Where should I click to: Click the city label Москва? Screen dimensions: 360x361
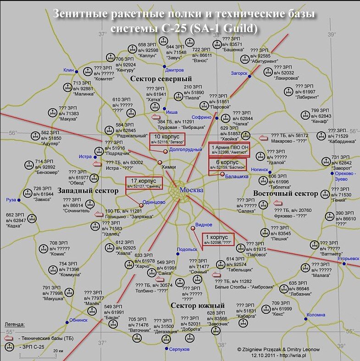click(x=191, y=190)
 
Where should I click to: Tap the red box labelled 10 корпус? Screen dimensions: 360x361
click(x=166, y=140)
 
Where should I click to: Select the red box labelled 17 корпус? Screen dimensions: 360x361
click(x=144, y=183)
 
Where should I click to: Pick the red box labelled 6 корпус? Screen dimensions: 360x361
click(x=227, y=164)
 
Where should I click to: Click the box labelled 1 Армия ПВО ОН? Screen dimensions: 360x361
click(x=228, y=150)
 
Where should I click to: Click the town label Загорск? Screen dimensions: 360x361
click(x=239, y=73)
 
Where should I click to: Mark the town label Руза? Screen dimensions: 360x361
click(x=11, y=200)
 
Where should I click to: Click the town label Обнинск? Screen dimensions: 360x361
click(x=78, y=320)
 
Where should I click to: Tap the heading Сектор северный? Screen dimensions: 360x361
click(x=161, y=79)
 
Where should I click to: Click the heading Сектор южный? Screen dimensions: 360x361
click(x=197, y=305)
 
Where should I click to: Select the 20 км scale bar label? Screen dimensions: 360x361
click(x=58, y=350)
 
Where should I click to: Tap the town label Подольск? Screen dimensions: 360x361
click(x=187, y=249)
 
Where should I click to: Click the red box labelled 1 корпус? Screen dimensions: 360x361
click(x=218, y=239)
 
